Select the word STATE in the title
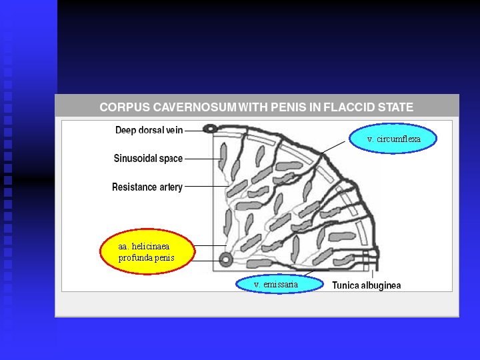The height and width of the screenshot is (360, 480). [395, 107]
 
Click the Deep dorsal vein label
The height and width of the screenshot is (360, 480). [149, 130]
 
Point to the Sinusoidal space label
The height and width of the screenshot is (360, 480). [148, 159]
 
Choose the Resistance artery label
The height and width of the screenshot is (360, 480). [147, 187]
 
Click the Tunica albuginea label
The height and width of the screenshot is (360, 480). [367, 285]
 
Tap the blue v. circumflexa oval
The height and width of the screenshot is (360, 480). [393, 139]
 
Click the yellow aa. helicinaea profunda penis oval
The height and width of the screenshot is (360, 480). [146, 251]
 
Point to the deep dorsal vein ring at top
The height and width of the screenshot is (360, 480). [210, 129]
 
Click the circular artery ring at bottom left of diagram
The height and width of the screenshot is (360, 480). [226, 259]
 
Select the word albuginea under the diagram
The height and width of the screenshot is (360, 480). [382, 285]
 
